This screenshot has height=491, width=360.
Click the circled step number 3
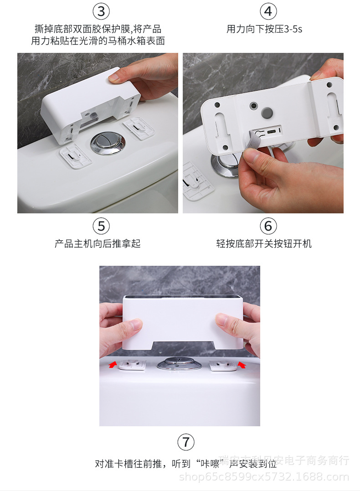101,11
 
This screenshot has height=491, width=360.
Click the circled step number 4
268,11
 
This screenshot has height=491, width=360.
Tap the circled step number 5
101,226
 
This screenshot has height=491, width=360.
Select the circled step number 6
268,226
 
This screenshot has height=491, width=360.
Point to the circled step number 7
185,442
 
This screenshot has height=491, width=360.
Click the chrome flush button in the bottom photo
179,363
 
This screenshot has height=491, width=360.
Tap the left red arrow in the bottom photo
113,365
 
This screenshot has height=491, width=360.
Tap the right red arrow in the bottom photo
242,365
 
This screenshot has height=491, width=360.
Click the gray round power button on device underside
267,112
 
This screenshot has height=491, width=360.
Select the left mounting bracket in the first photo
76,156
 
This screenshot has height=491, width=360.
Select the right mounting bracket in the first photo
139,128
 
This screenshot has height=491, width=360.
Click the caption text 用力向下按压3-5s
264,29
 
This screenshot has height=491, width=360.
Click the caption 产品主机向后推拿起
98,243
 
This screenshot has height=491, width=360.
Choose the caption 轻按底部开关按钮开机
264,243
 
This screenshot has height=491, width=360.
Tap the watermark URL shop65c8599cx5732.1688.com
264,477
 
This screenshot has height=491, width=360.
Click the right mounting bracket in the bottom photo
223,365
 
